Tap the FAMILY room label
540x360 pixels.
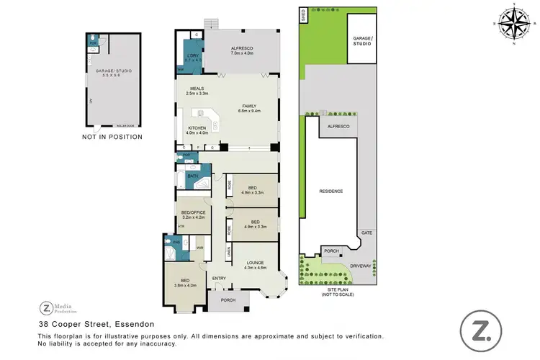click(248, 108)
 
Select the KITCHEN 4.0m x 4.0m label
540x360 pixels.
click(197, 130)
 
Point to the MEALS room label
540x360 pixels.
click(197, 91)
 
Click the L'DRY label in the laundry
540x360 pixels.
click(192, 58)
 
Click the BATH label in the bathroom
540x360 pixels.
click(192, 176)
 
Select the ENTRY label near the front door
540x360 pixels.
click(220, 279)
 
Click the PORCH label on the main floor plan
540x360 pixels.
click(228, 300)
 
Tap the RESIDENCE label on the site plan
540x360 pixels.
click(330, 192)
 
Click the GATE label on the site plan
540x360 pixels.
click(366, 233)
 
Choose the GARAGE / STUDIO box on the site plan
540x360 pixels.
click(361, 41)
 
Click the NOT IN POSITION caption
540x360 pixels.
click(112, 137)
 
